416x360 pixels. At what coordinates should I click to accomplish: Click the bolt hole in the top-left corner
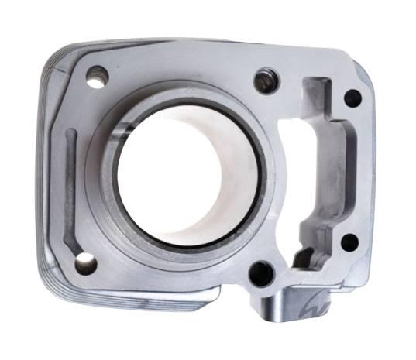(97, 77)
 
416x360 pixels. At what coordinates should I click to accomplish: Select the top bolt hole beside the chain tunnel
(266, 81)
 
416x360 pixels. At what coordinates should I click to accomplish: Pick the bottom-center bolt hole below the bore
(262, 273)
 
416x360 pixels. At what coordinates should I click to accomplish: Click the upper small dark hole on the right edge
(352, 98)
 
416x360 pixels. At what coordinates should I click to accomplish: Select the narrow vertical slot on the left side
(70, 186)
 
